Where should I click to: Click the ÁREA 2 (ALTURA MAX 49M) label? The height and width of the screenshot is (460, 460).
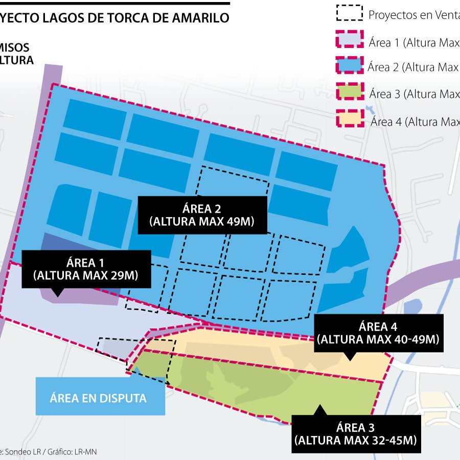point(201,215)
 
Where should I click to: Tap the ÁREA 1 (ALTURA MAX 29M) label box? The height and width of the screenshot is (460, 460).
point(85,269)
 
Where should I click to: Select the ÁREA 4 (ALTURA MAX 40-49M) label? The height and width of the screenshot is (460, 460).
point(378,333)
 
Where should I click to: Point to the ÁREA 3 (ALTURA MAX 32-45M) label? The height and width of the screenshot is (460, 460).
point(356,433)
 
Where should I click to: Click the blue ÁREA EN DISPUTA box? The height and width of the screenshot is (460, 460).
point(100,397)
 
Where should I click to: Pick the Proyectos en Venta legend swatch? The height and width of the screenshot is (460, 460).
point(350,13)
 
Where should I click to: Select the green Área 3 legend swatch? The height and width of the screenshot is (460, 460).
point(350,93)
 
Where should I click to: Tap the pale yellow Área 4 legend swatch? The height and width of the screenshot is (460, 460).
point(350,120)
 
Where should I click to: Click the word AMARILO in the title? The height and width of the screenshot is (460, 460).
point(200,18)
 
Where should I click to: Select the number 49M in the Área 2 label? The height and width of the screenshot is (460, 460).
point(238,222)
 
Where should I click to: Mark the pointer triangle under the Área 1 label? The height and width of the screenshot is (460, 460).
point(58,293)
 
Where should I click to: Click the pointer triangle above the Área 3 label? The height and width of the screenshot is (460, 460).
point(320,409)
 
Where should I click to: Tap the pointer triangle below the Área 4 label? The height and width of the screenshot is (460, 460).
point(350,357)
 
